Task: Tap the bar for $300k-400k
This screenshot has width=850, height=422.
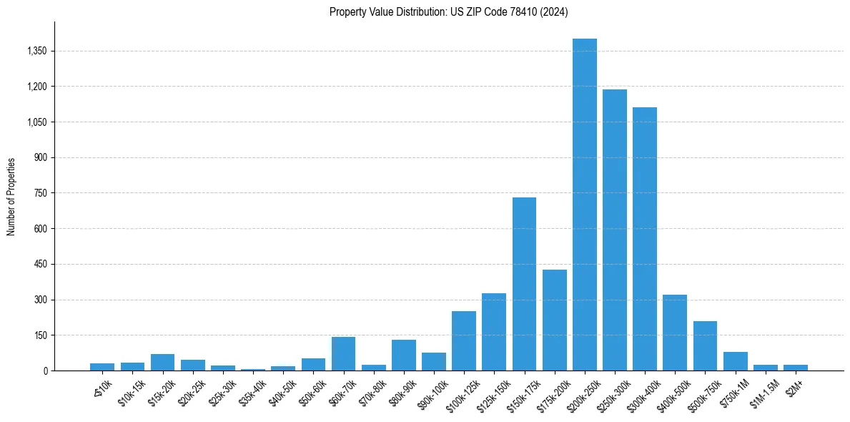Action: [645, 239]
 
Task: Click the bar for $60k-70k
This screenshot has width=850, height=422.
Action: [343, 353]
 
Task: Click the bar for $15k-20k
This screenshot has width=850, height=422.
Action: [162, 362]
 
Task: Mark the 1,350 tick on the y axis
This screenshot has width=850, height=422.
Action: [36, 51]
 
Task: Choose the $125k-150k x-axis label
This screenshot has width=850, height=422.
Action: [491, 389]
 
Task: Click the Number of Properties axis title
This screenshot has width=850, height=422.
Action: [11, 196]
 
